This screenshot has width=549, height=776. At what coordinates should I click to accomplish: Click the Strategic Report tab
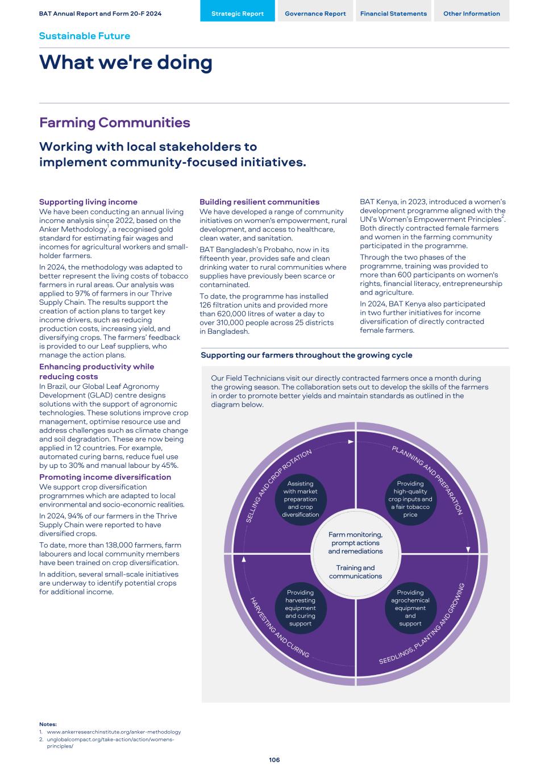click(237, 14)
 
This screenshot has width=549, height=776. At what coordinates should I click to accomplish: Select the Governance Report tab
click(315, 14)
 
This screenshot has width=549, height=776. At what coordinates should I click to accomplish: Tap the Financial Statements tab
click(393, 14)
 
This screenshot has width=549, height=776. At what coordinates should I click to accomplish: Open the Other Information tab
click(471, 14)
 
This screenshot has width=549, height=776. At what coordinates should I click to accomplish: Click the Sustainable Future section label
click(84, 36)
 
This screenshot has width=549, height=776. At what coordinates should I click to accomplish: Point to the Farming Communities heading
click(114, 123)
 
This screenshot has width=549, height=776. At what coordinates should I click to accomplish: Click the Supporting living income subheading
click(88, 202)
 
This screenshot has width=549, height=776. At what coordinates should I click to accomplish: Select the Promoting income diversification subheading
click(105, 477)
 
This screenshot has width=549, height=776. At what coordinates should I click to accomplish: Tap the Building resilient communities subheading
click(259, 202)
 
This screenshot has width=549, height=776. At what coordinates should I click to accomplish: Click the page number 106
click(274, 760)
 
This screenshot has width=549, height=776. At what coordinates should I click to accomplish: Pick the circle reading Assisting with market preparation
click(300, 499)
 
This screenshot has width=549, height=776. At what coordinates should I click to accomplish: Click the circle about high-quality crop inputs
click(410, 499)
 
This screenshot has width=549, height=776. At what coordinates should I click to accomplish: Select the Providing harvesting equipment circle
click(300, 608)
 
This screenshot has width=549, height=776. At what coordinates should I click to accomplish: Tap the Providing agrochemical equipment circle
click(410, 608)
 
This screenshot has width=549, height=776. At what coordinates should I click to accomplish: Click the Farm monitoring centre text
click(355, 543)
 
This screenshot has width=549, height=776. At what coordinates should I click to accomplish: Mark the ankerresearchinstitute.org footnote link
click(114, 732)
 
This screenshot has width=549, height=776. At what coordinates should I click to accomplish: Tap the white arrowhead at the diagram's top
click(351, 441)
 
